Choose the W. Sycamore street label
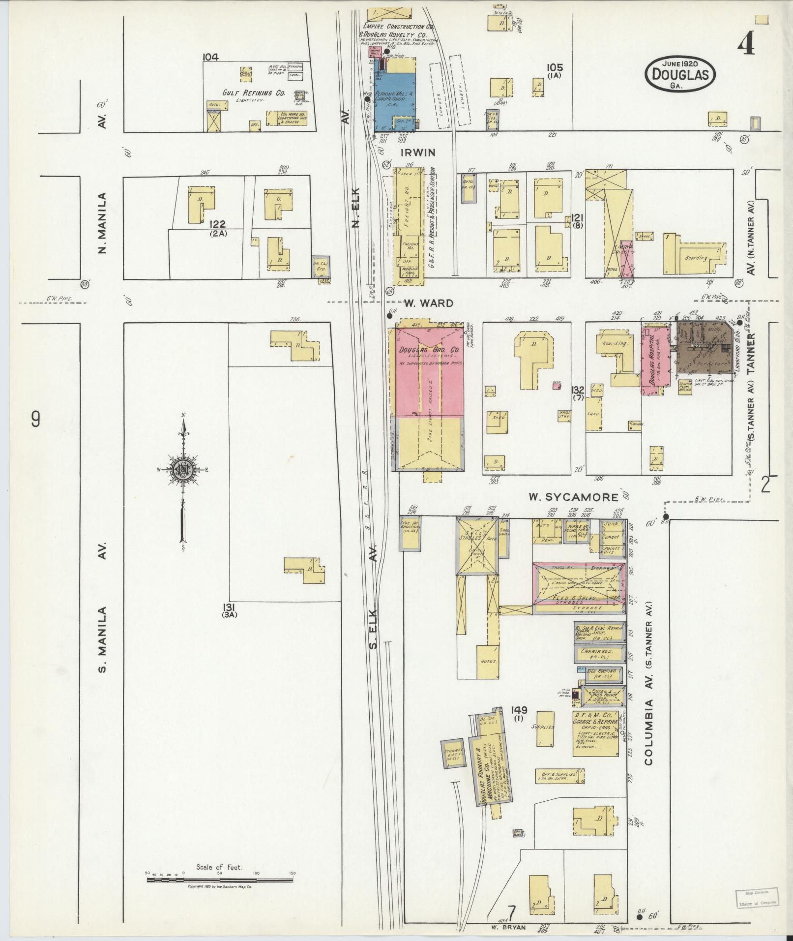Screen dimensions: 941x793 [573, 497]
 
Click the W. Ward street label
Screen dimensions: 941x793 [429, 303]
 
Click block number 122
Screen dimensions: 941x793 [217, 225]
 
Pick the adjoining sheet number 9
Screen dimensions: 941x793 [35, 420]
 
